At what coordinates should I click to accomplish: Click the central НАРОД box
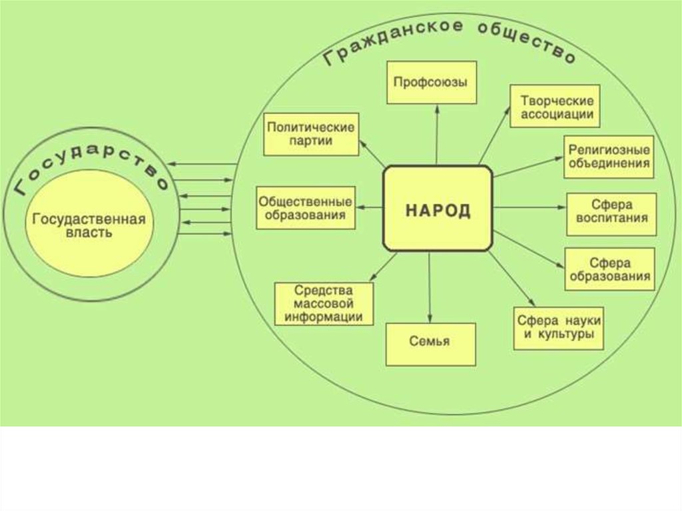pyautogui.click(x=438, y=209)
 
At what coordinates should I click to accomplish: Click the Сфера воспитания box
pyautogui.click(x=610, y=214)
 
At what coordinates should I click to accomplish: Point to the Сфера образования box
pyautogui.click(x=609, y=268)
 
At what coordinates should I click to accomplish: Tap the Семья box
pyautogui.click(x=430, y=344)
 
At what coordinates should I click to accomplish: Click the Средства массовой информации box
pyautogui.click(x=324, y=304)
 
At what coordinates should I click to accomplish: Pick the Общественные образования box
pyautogui.click(x=305, y=207)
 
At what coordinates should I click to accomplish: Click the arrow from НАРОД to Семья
pyautogui.click(x=431, y=286)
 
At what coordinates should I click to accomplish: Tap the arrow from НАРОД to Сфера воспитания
pyautogui.click(x=529, y=208)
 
